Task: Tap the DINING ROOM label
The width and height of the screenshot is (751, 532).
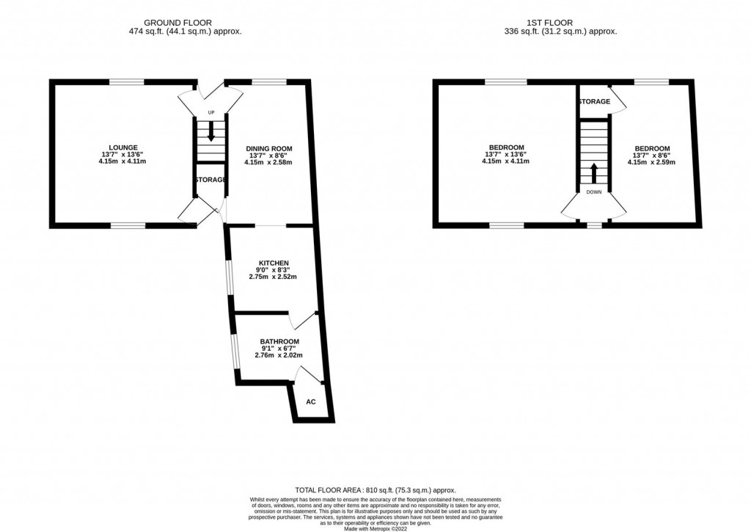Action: tap(263, 147)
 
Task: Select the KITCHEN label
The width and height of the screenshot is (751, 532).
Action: tap(273, 263)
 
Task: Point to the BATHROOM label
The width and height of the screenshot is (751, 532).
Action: tap(279, 342)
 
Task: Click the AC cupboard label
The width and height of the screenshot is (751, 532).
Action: tap(310, 402)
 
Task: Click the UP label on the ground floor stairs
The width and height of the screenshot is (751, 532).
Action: tap(211, 112)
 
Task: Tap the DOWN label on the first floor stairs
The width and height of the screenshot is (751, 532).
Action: tap(594, 192)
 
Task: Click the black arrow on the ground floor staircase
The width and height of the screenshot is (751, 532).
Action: tap(211, 133)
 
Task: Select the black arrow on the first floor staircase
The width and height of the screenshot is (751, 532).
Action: tap(594, 174)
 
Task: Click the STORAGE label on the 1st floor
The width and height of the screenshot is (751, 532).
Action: tap(594, 102)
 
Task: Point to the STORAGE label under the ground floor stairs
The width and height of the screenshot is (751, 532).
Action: tap(210, 180)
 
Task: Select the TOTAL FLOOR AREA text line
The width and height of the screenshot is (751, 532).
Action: tap(375, 490)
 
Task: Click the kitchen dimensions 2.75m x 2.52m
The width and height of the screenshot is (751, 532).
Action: tap(273, 277)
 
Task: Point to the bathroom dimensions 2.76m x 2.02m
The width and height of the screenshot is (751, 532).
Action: tap(279, 355)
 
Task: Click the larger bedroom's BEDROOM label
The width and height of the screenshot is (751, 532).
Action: tap(505, 147)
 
